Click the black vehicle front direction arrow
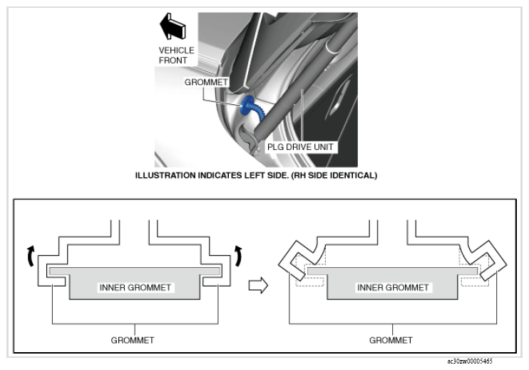point(173,26)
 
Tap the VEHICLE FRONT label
point(176,56)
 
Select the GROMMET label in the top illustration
point(206,82)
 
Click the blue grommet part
point(250,106)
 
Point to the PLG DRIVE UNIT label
point(300,147)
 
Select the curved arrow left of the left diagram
point(31,256)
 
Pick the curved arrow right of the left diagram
point(239,256)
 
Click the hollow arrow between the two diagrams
point(258,286)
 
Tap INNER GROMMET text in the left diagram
point(135,288)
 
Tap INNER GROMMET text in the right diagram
point(393,288)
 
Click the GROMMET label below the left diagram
point(133,340)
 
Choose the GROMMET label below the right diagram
point(391,340)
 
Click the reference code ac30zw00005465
point(470,361)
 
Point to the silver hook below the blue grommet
point(249,139)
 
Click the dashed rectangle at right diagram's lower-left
point(309,282)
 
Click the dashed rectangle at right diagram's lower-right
point(475,282)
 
